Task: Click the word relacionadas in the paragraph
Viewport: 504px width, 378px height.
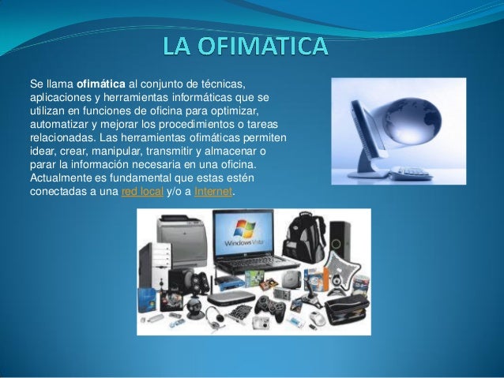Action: point(59,138)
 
